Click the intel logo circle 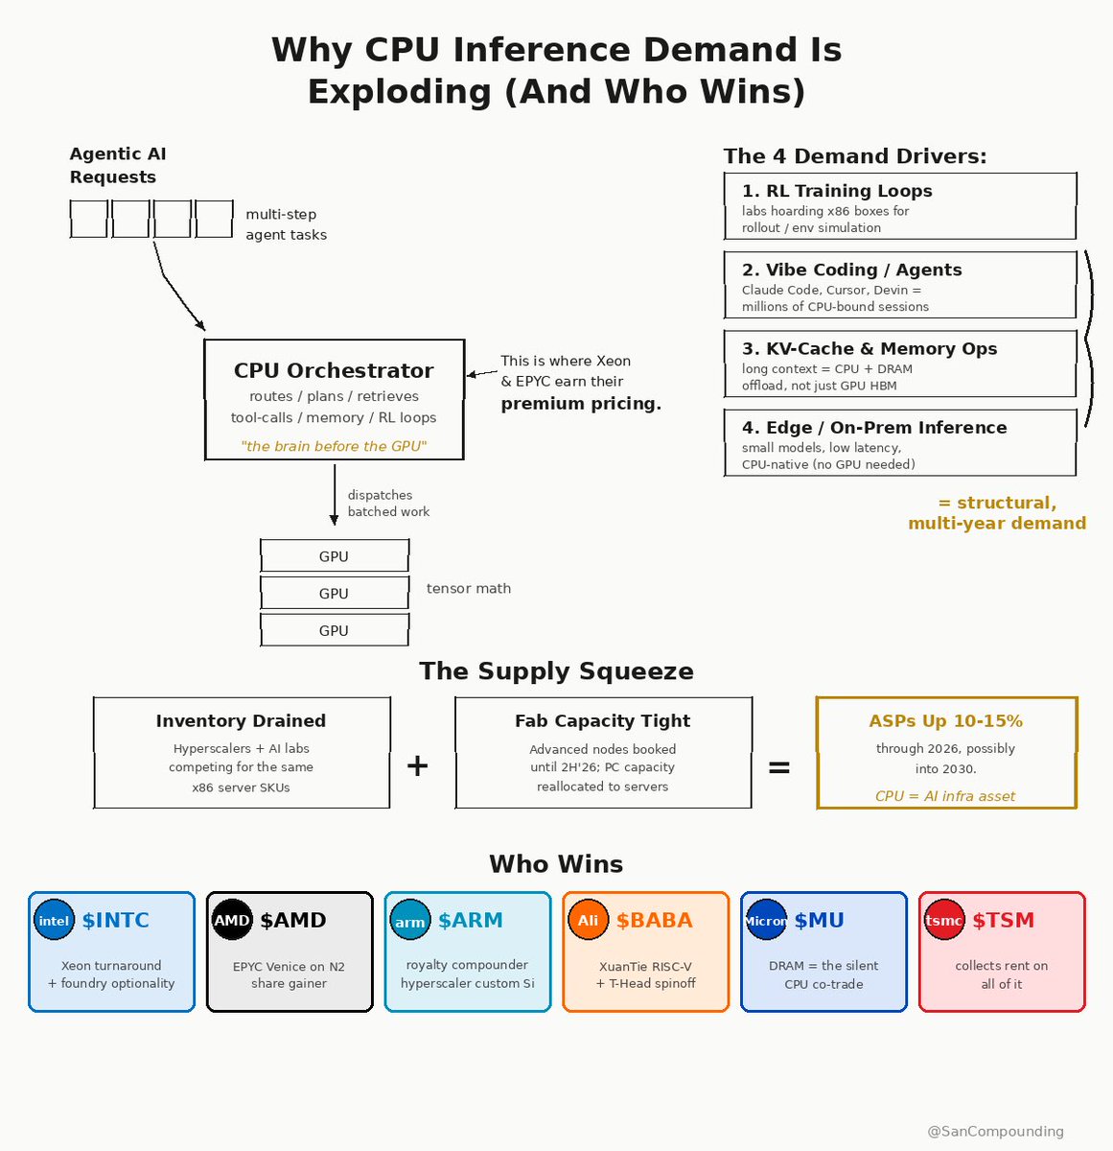[x=54, y=920]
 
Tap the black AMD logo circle [x=232, y=920]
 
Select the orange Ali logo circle [x=588, y=920]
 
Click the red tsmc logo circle [x=944, y=920]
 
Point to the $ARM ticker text [x=471, y=921]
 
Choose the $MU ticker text [x=819, y=921]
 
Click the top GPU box [x=335, y=555]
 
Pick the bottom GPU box [x=335, y=630]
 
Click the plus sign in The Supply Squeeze [x=417, y=766]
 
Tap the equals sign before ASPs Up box [x=779, y=767]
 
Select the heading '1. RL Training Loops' [x=837, y=191]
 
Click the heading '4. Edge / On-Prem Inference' [x=874, y=427]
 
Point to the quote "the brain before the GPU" [x=334, y=446]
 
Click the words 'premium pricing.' [x=581, y=404]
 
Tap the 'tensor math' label [x=469, y=589]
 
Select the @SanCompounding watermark [x=995, y=1132]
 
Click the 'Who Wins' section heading [x=556, y=864]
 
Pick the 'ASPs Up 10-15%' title [x=946, y=721]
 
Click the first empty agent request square [x=88, y=219]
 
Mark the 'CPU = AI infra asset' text [x=945, y=796]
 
